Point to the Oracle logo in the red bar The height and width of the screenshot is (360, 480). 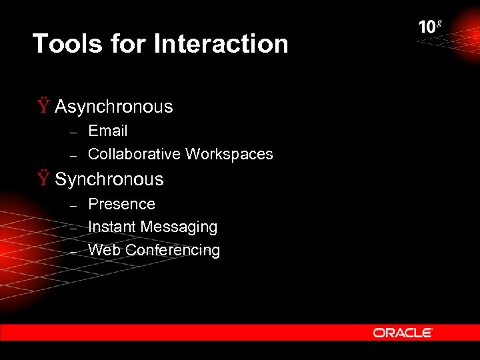tap(403, 332)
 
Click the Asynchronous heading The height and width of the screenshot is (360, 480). tap(113, 107)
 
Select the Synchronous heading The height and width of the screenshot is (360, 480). tap(109, 179)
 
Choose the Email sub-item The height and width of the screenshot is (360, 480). tap(107, 131)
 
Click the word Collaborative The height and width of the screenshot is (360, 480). tap(134, 154)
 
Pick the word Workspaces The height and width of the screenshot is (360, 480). tap(229, 154)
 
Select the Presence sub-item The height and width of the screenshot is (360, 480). tap(121, 204)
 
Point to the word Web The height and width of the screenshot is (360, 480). tap(104, 250)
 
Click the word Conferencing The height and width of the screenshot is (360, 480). tap(173, 250)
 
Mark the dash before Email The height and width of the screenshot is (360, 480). tap(75, 132)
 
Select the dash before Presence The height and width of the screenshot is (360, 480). tap(75, 205)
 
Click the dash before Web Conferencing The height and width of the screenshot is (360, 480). tap(75, 251)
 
